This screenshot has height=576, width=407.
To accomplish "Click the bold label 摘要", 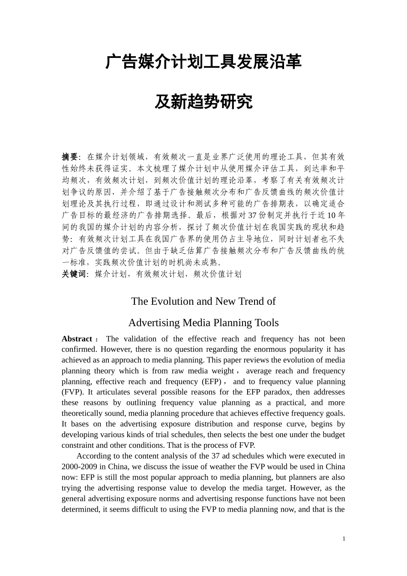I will (70, 157).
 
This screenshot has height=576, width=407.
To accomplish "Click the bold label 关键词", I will (74, 274).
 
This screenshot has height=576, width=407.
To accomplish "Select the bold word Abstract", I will (77, 339).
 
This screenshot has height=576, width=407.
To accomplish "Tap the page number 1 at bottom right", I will (344, 539).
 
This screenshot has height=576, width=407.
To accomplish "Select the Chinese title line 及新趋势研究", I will (203, 102).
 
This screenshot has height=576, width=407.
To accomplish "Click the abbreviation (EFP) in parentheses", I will (211, 381).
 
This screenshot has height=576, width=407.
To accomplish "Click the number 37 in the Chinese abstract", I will (252, 215).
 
